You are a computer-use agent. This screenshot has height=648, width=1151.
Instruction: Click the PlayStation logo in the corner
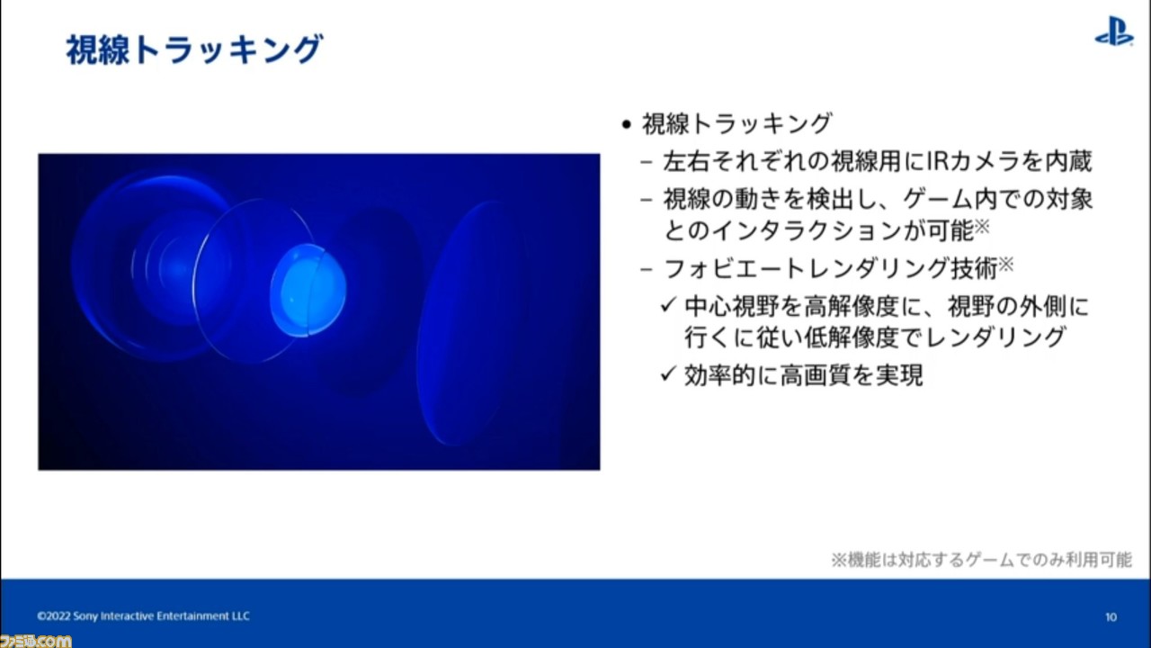(x=1114, y=31)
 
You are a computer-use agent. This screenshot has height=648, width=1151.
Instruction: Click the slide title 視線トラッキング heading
(x=195, y=49)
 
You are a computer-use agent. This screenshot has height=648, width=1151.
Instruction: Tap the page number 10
(x=1111, y=616)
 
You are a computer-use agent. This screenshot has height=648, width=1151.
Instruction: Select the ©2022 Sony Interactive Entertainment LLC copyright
(x=143, y=616)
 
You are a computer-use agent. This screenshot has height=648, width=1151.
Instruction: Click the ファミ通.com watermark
(x=35, y=641)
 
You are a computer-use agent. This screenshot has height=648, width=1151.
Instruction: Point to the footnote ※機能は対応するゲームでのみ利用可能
(x=981, y=560)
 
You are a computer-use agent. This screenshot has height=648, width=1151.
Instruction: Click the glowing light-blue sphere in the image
(x=308, y=290)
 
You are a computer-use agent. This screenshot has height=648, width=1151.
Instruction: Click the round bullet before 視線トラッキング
(x=625, y=124)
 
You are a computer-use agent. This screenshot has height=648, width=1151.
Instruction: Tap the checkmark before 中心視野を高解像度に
(x=667, y=305)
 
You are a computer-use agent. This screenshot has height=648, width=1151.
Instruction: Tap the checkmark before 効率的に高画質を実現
(x=667, y=373)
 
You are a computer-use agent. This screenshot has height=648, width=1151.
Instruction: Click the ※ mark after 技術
(x=1005, y=264)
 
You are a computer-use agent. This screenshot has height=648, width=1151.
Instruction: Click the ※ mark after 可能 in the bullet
(x=982, y=226)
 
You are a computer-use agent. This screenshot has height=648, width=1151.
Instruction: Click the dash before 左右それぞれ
(x=647, y=162)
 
